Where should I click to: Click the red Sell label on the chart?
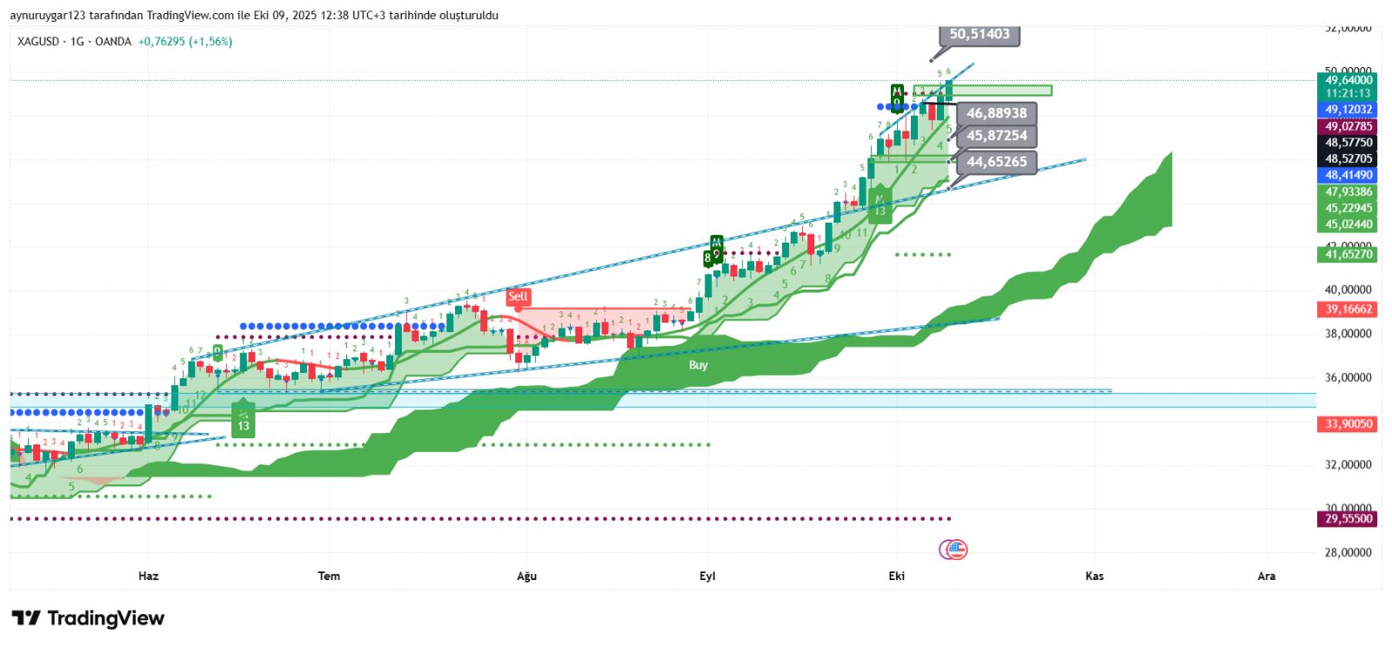518,297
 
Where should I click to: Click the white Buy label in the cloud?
698,365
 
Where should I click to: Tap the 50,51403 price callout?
980,34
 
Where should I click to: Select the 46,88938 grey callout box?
996,113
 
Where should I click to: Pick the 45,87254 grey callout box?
996,136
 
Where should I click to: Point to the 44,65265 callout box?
996,162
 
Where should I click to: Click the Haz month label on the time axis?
149,576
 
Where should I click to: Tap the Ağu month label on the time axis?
526,576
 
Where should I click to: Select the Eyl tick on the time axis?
707,576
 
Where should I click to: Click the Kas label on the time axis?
1094,576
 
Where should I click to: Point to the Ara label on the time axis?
1267,576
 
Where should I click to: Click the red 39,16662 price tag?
1348,310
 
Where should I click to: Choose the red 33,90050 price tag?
1348,424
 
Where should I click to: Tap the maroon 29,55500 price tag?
1348,519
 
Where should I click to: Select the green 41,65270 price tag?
1348,255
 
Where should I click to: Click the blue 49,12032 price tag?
1348,110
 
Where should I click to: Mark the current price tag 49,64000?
1348,80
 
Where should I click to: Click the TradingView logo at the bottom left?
88,618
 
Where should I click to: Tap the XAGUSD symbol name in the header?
38,42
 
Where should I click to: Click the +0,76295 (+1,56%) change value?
185,42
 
